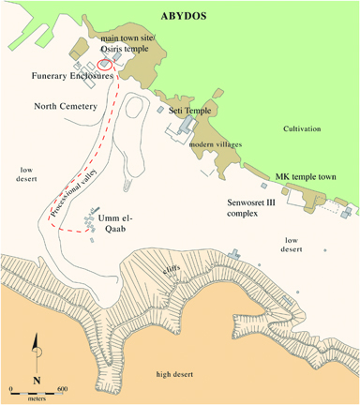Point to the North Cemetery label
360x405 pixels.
(66, 107)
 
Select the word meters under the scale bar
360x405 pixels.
(34, 397)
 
